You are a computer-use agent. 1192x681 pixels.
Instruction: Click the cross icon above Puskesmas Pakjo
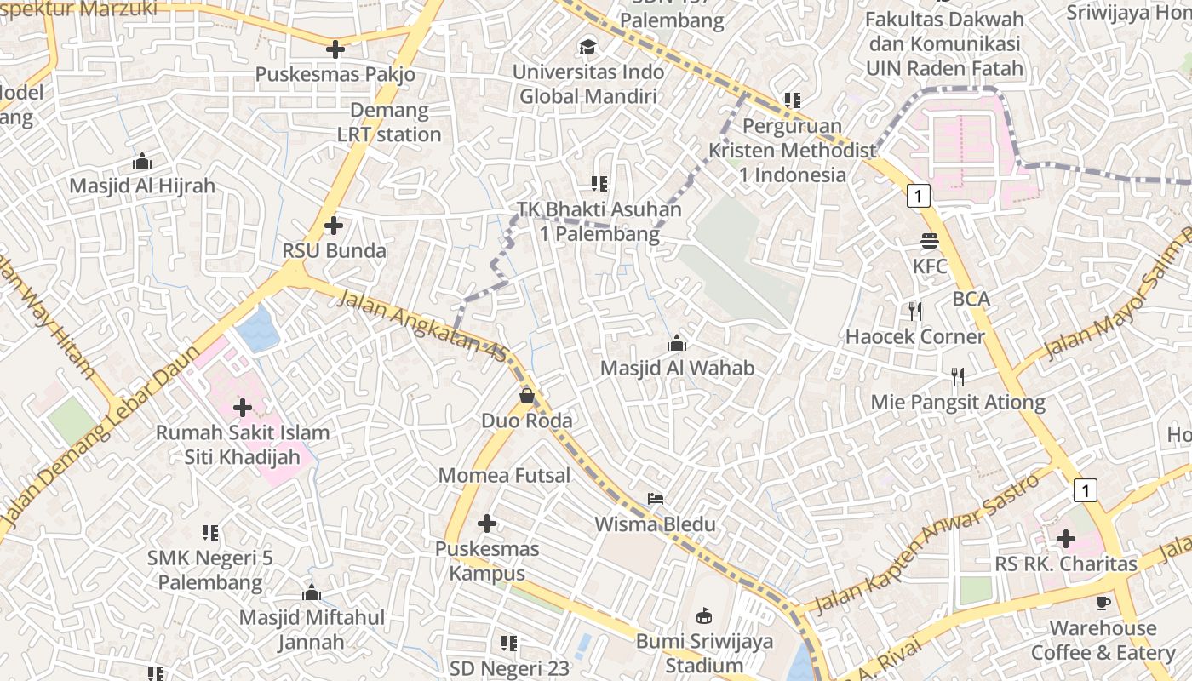coord(335,49)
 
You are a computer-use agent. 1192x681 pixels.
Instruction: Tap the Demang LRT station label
coord(389,123)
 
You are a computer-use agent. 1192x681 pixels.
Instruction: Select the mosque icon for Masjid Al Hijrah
coord(142,161)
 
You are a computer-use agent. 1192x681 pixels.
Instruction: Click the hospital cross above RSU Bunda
coord(334,226)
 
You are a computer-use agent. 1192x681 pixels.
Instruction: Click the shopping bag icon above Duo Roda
coord(527,396)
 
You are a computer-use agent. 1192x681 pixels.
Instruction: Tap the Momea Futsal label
coord(504,476)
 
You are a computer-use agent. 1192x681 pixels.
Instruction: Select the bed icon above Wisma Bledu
coord(655,499)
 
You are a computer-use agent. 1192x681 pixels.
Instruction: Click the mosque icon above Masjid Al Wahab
coord(677,343)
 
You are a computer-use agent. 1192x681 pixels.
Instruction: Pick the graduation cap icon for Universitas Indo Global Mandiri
coord(587,47)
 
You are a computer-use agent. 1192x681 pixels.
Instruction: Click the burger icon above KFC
coord(929,241)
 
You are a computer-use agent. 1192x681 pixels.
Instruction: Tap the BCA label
coord(971,299)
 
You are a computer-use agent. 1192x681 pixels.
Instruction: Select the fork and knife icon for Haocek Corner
coord(915,312)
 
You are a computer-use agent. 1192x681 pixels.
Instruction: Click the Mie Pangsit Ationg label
coord(958,402)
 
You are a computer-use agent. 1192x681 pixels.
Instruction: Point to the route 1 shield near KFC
coord(918,196)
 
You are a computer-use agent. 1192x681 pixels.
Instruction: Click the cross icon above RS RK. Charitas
coord(1065,538)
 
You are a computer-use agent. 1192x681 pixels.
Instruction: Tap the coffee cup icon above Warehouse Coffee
coord(1103,603)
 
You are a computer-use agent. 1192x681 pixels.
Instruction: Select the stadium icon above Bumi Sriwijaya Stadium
coord(704,615)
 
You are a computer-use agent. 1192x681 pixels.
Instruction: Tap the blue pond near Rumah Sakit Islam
coord(258,330)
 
